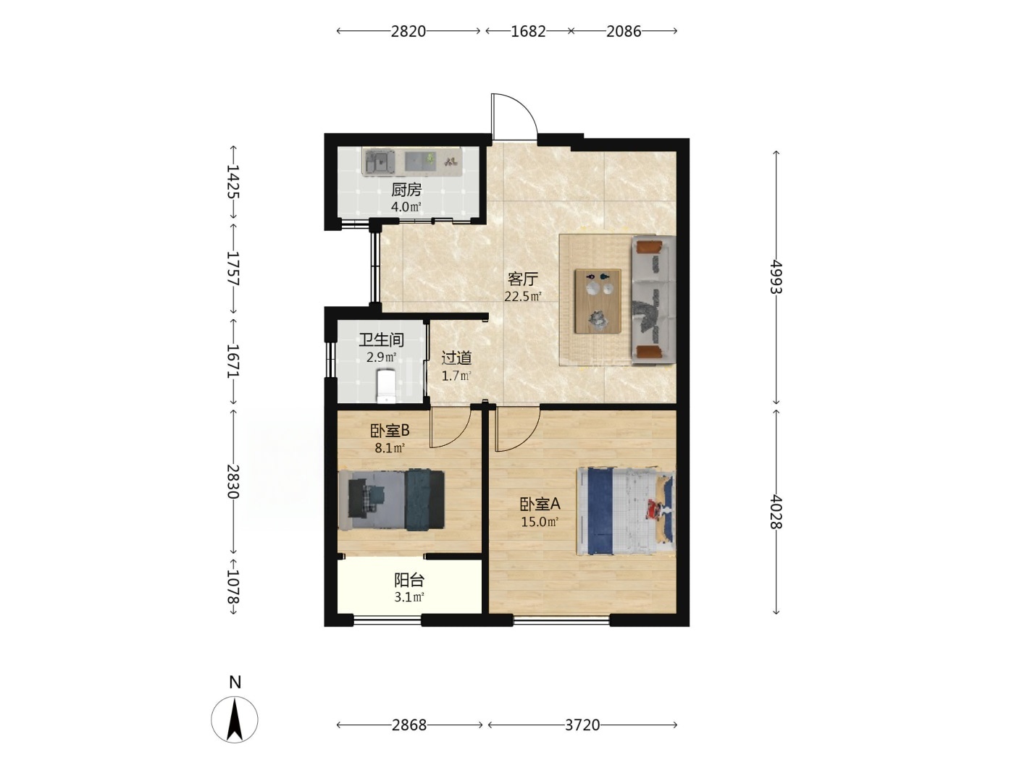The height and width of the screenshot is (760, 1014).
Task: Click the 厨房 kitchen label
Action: point(406,190)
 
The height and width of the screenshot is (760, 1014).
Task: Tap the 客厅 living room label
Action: point(523,279)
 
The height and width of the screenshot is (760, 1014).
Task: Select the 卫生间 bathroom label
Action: point(382,340)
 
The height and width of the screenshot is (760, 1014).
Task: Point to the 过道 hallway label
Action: point(456,358)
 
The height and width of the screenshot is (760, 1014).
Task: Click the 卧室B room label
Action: point(390,431)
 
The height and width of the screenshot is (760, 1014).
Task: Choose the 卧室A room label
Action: point(540,504)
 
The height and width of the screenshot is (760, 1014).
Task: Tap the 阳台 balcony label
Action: point(409,580)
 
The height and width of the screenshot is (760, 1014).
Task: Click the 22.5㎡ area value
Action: point(523,296)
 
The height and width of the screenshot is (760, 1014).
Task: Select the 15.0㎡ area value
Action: point(540,522)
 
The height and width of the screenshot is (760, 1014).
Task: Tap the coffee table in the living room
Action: point(598,301)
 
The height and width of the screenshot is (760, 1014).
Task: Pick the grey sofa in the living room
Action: point(653,300)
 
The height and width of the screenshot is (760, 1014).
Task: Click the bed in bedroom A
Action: point(626,511)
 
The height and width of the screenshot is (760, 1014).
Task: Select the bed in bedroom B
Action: point(391,499)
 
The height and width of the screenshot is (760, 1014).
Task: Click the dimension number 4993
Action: point(776,277)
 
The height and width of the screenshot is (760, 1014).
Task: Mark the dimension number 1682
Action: point(529,31)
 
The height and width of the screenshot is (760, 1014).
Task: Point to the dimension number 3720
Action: point(582,725)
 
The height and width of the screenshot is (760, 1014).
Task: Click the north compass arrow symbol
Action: point(235,719)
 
